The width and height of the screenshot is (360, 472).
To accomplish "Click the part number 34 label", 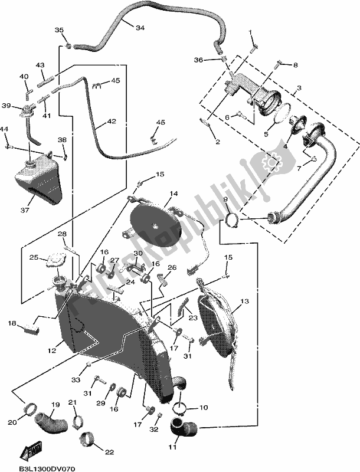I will (x=139, y=28).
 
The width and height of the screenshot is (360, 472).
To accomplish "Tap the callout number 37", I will (x=25, y=209).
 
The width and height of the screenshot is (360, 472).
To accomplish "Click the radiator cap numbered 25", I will (x=57, y=258).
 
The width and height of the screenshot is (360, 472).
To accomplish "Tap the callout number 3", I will (x=299, y=88).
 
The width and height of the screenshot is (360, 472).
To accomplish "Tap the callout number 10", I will (x=202, y=408).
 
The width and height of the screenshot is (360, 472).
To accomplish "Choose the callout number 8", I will (x=296, y=64).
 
